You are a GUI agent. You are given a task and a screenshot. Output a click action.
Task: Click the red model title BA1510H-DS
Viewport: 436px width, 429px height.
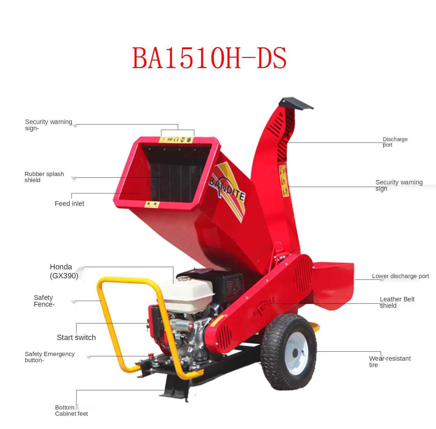pos(209,58)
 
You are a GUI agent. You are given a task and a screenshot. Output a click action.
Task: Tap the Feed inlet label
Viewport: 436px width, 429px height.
pos(69,204)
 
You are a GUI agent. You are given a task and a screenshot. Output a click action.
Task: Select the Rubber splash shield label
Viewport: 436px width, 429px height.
pos(44,177)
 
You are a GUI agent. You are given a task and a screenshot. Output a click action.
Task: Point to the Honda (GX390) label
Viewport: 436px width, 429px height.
pos(64,271)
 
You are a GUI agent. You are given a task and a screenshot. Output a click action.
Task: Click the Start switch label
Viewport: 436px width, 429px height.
pos(76,337)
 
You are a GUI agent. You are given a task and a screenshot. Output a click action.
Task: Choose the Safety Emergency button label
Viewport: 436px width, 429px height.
pos(49,357)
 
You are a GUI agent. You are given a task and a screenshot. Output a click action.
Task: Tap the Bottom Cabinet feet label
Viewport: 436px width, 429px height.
pos(71,410)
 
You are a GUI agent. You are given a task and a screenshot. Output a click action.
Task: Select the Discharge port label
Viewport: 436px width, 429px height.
pos(395,142)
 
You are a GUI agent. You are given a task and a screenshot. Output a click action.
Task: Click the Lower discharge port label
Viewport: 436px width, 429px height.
pos(400,276)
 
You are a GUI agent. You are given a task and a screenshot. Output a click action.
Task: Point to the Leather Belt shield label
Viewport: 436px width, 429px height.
pos(397,302)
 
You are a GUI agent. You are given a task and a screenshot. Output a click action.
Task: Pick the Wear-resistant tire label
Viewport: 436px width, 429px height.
pos(389,362)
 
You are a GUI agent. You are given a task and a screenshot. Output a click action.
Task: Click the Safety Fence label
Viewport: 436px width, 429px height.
pos(44,301)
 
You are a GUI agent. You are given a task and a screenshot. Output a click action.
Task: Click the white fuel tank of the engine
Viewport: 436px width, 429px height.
pos(188,294)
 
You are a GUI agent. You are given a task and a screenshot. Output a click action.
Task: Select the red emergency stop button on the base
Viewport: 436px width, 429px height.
pos(151,355)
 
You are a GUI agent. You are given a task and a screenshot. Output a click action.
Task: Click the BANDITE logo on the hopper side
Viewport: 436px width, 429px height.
pos(227,189)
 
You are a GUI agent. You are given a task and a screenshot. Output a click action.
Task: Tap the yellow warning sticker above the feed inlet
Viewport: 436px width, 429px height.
pos(176,140)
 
